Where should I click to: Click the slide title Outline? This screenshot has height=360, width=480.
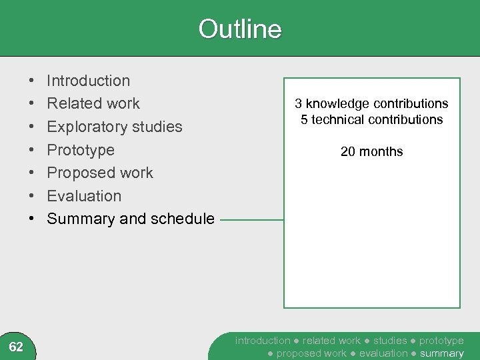click(240, 29)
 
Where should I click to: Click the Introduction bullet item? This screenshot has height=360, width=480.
click(88, 81)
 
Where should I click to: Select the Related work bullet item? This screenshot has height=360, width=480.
click(93, 103)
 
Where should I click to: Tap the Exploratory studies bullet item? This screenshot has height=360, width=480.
click(114, 127)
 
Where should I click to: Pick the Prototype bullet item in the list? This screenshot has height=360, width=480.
click(81, 150)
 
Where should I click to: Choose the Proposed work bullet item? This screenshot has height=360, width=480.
click(100, 173)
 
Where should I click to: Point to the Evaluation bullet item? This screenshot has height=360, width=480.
click(84, 196)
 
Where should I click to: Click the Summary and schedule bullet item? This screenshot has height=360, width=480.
click(131, 219)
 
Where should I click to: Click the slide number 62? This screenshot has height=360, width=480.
click(16, 347)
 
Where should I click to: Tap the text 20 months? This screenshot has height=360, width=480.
click(371, 152)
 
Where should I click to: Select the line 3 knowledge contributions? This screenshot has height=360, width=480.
click(371, 103)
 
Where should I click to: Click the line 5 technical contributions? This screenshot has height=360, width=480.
click(371, 120)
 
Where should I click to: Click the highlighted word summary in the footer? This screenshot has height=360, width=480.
click(441, 353)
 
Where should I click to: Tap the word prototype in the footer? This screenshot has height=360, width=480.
click(441, 341)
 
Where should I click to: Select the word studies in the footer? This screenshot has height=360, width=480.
click(390, 341)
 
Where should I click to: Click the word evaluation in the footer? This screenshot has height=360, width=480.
click(383, 353)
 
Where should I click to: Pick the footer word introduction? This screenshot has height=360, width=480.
click(263, 341)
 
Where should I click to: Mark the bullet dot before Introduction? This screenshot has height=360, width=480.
click(33, 81)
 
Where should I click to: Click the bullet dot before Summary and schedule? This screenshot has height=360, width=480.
click(33, 219)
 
